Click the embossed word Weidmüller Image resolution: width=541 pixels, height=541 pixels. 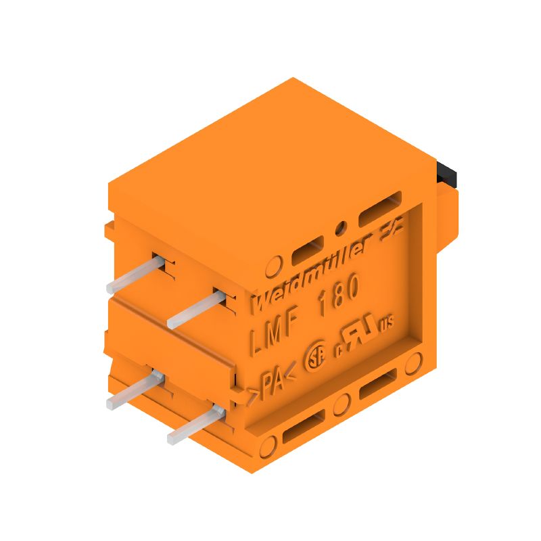click(x=311, y=274)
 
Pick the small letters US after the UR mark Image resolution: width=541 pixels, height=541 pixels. click(x=386, y=323)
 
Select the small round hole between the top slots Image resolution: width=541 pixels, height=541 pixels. click(x=341, y=227)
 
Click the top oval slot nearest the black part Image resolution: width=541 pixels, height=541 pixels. click(x=381, y=215)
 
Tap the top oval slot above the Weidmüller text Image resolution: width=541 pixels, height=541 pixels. click(x=308, y=253)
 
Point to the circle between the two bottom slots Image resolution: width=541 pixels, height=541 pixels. click(x=342, y=404)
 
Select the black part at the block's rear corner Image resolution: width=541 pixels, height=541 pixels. click(x=448, y=175)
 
